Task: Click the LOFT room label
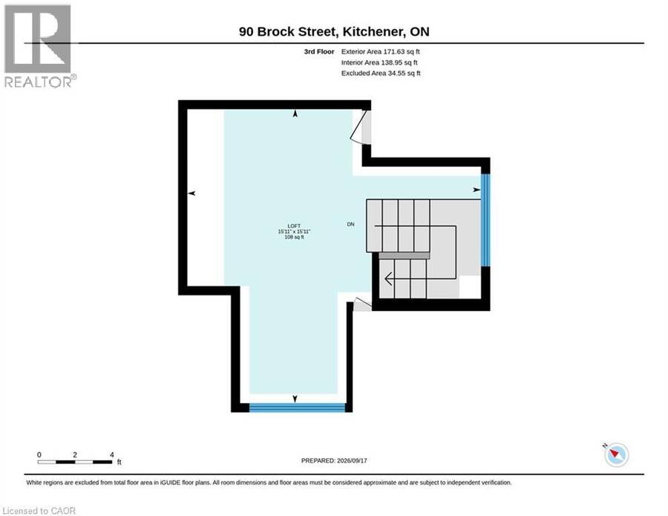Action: click(x=294, y=226)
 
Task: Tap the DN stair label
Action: click(x=350, y=224)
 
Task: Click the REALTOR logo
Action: click(x=39, y=46)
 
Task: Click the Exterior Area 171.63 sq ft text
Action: click(x=381, y=51)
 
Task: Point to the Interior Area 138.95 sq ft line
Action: click(x=379, y=62)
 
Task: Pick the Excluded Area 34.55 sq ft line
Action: click(x=381, y=73)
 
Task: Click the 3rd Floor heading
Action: click(x=319, y=51)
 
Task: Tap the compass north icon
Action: click(x=616, y=455)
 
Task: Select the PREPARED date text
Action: click(x=334, y=460)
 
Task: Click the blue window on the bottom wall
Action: click(x=297, y=408)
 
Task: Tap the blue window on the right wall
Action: click(x=485, y=220)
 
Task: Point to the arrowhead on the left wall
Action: click(x=191, y=194)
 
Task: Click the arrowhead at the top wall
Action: click(x=295, y=114)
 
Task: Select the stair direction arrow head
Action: click(x=388, y=279)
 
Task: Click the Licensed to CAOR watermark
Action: click(x=39, y=511)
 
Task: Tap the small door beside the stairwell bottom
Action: click(x=362, y=304)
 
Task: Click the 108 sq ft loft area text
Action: click(x=294, y=237)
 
